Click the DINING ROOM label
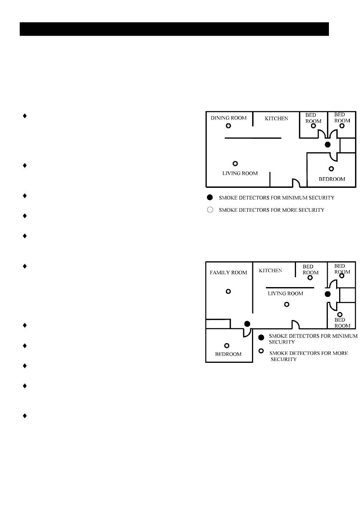tap(229, 118)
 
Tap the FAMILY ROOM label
tap(228, 272)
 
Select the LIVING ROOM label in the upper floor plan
tap(240, 173)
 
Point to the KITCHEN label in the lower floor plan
tap(270, 270)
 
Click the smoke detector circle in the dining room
tap(229, 126)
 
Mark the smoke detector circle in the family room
tap(228, 291)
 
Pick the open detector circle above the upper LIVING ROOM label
tap(235, 164)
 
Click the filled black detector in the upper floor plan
tap(328, 145)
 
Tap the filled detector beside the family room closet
tap(247, 323)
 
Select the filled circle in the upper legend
tap(210, 197)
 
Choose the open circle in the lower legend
tap(261, 351)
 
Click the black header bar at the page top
tap(174, 29)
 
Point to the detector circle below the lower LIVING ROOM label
tap(287, 304)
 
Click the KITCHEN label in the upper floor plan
tap(276, 119)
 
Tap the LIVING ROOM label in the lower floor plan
tap(285, 294)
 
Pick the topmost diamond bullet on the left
tap(25, 116)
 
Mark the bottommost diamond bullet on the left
tap(25, 415)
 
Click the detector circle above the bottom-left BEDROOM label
tap(227, 345)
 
